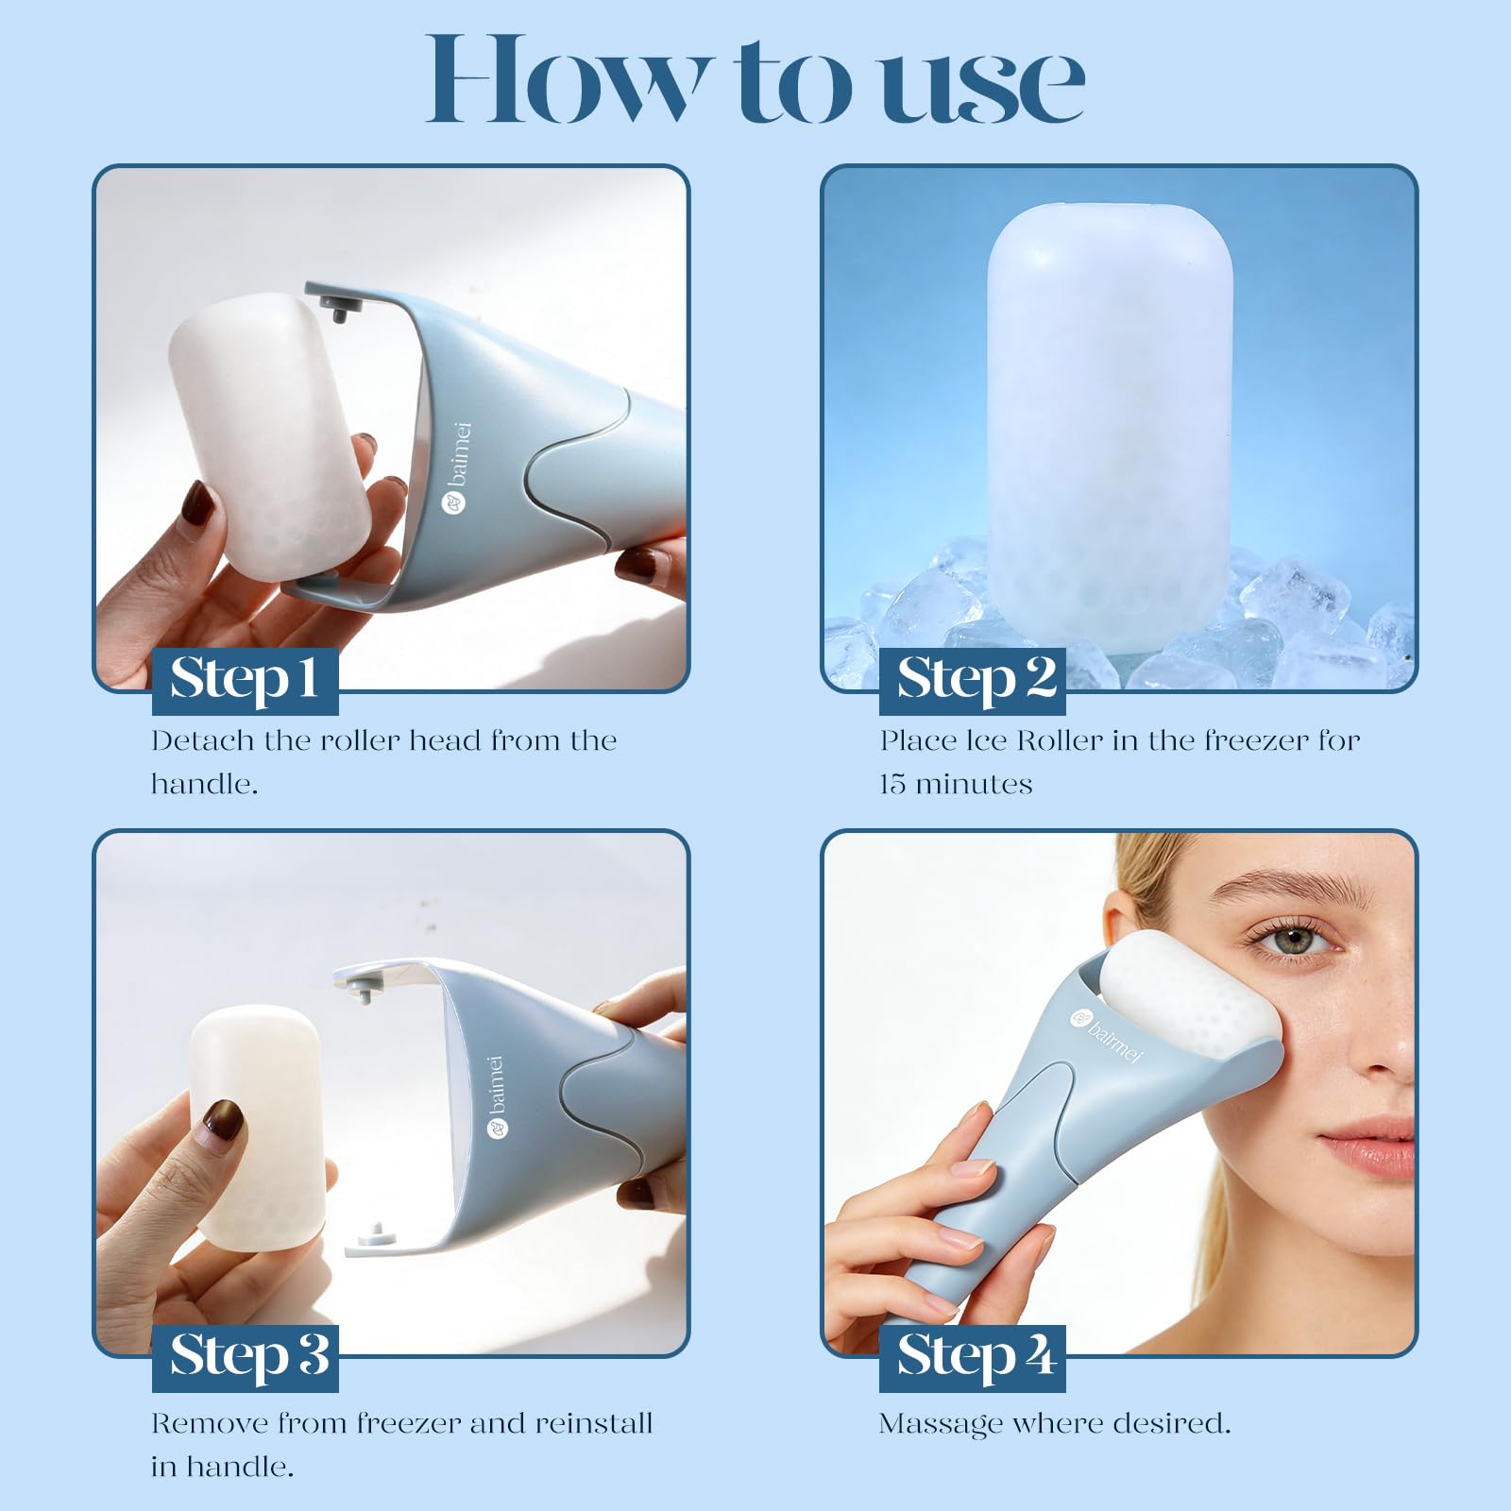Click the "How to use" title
coord(755,79)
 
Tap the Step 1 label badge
coord(246,680)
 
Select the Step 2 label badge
coord(973,680)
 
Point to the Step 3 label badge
coord(246,1357)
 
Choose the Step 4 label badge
coord(973,1357)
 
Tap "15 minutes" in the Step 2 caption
coord(956,785)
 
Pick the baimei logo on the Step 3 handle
coord(498,1095)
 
